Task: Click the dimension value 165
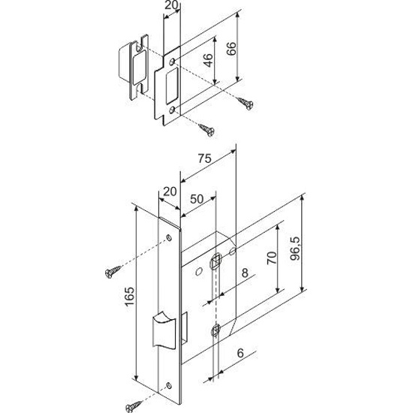tap(130, 297)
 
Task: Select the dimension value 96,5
tap(295, 249)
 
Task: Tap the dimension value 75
tap(205, 158)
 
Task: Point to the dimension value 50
tap(197, 199)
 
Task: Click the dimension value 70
tap(272, 258)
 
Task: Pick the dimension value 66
tap(231, 49)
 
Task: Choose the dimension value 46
tap(208, 60)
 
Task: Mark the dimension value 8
tap(245, 273)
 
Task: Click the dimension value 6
tap(240, 353)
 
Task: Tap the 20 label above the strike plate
tap(171, 5)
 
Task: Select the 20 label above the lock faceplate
tap(170, 191)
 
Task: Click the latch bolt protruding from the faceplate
tap(164, 330)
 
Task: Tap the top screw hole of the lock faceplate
tap(169, 238)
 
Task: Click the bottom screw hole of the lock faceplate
tap(169, 386)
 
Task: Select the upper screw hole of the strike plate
tap(172, 62)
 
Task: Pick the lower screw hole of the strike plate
tap(172, 110)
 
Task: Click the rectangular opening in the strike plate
tap(172, 86)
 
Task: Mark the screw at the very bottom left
tap(133, 407)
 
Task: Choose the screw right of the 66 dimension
tap(245, 103)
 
